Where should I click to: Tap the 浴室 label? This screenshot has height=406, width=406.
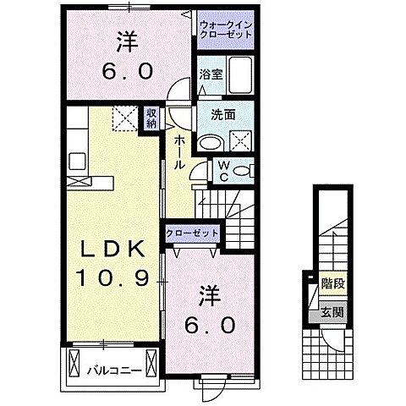[x=210, y=74]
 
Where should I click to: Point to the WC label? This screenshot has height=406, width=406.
[x=223, y=170]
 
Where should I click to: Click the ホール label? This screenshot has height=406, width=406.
[x=180, y=153]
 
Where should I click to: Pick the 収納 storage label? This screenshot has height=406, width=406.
[x=150, y=118]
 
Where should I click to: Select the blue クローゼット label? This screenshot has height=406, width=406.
[x=193, y=233]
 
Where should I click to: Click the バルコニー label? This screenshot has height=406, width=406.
[x=107, y=369]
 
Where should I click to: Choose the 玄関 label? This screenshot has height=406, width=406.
[x=332, y=313]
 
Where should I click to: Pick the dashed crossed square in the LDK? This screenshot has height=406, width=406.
[x=125, y=119]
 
